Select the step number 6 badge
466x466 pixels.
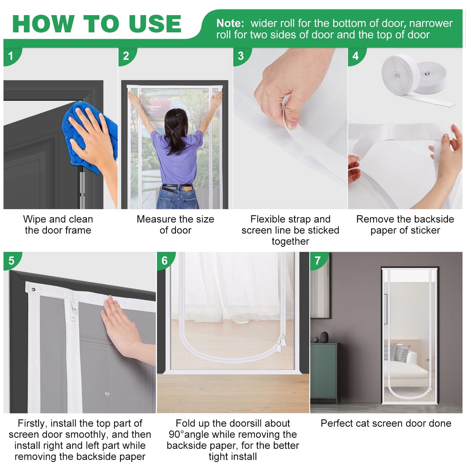[x=165, y=261]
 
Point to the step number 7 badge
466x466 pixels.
[x=318, y=261]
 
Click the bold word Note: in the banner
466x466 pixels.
[x=230, y=23]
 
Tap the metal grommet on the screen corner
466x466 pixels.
[x=34, y=290]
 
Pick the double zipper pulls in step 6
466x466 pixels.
[x=281, y=344]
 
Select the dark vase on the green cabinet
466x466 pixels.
[x=324, y=337]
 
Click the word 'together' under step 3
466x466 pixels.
[x=291, y=241]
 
